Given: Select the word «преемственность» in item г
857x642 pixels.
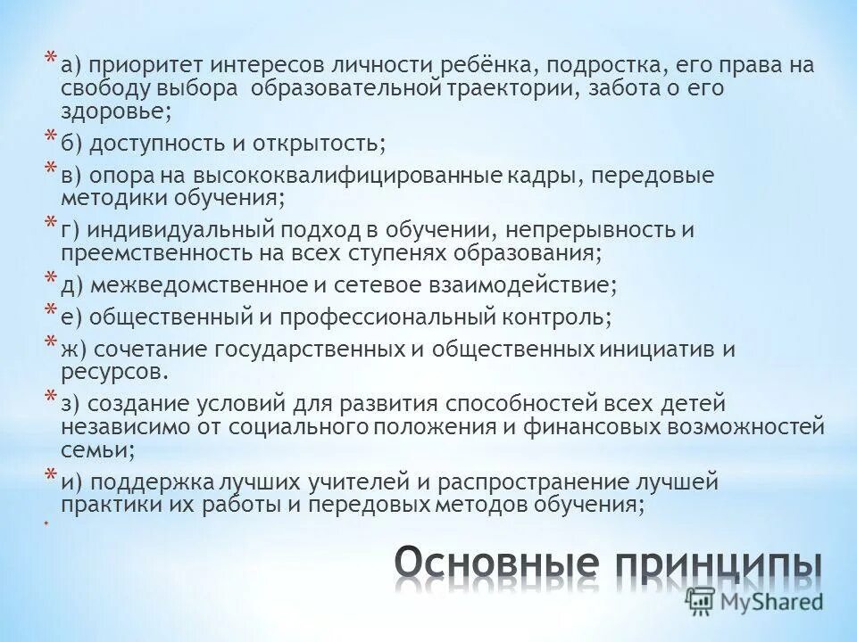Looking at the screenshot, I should click(154, 253).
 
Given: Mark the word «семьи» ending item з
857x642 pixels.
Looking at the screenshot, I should click(96, 449).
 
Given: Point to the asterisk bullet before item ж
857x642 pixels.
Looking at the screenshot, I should click(52, 343).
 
